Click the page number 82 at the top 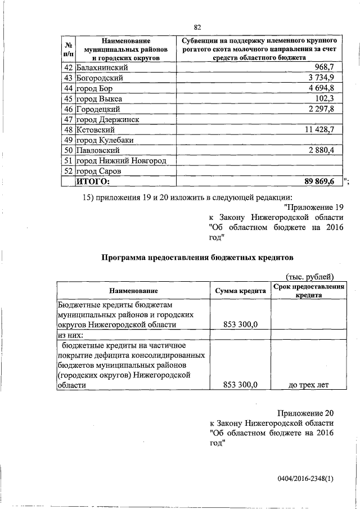tap(197, 27)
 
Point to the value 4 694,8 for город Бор tap(319, 88)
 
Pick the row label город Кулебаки tap(107, 140)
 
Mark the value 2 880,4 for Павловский tap(319, 151)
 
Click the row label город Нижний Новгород tap(121, 161)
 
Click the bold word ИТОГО tap(93, 182)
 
